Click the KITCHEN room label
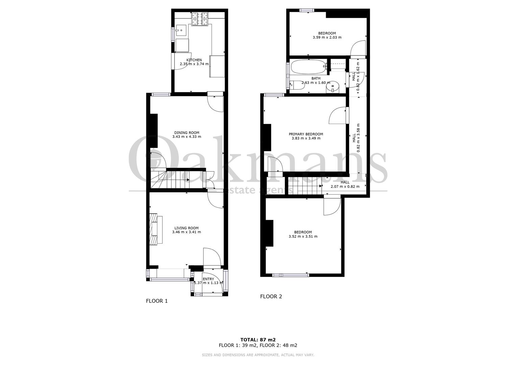(194, 60)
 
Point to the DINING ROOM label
(187, 133)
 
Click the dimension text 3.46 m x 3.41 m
(187, 232)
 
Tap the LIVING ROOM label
(187, 228)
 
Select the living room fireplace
(156, 229)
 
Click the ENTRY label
(208, 279)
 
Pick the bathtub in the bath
(309, 67)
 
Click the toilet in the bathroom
(297, 85)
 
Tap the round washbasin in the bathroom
(333, 87)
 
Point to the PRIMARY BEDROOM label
(306, 134)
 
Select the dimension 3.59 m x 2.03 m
(327, 37)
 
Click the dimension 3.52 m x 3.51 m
(303, 237)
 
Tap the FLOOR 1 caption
(157, 301)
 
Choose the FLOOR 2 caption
(271, 297)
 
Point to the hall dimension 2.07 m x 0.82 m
(345, 187)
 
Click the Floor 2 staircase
(304, 186)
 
